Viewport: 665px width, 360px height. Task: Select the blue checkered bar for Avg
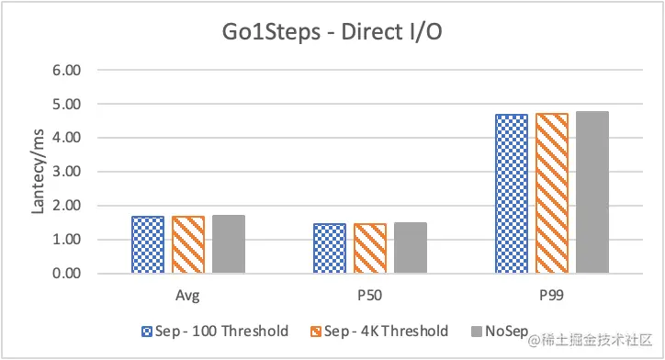pyautogui.click(x=148, y=245)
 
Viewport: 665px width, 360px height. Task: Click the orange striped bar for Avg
pyautogui.click(x=188, y=245)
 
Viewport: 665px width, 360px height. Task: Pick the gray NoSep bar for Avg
pyautogui.click(x=229, y=245)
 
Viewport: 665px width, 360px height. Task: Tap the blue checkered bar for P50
pyautogui.click(x=330, y=249)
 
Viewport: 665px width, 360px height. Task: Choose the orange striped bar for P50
pyautogui.click(x=370, y=249)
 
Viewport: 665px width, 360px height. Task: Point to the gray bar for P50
pyautogui.click(x=411, y=249)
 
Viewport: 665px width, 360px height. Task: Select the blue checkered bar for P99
pyautogui.click(x=512, y=194)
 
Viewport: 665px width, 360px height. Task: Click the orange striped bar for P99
pyautogui.click(x=552, y=194)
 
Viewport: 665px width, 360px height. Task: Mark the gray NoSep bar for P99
pyautogui.click(x=592, y=193)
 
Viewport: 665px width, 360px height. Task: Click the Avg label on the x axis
pyautogui.click(x=188, y=297)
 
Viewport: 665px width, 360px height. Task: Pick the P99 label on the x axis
pyautogui.click(x=552, y=297)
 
